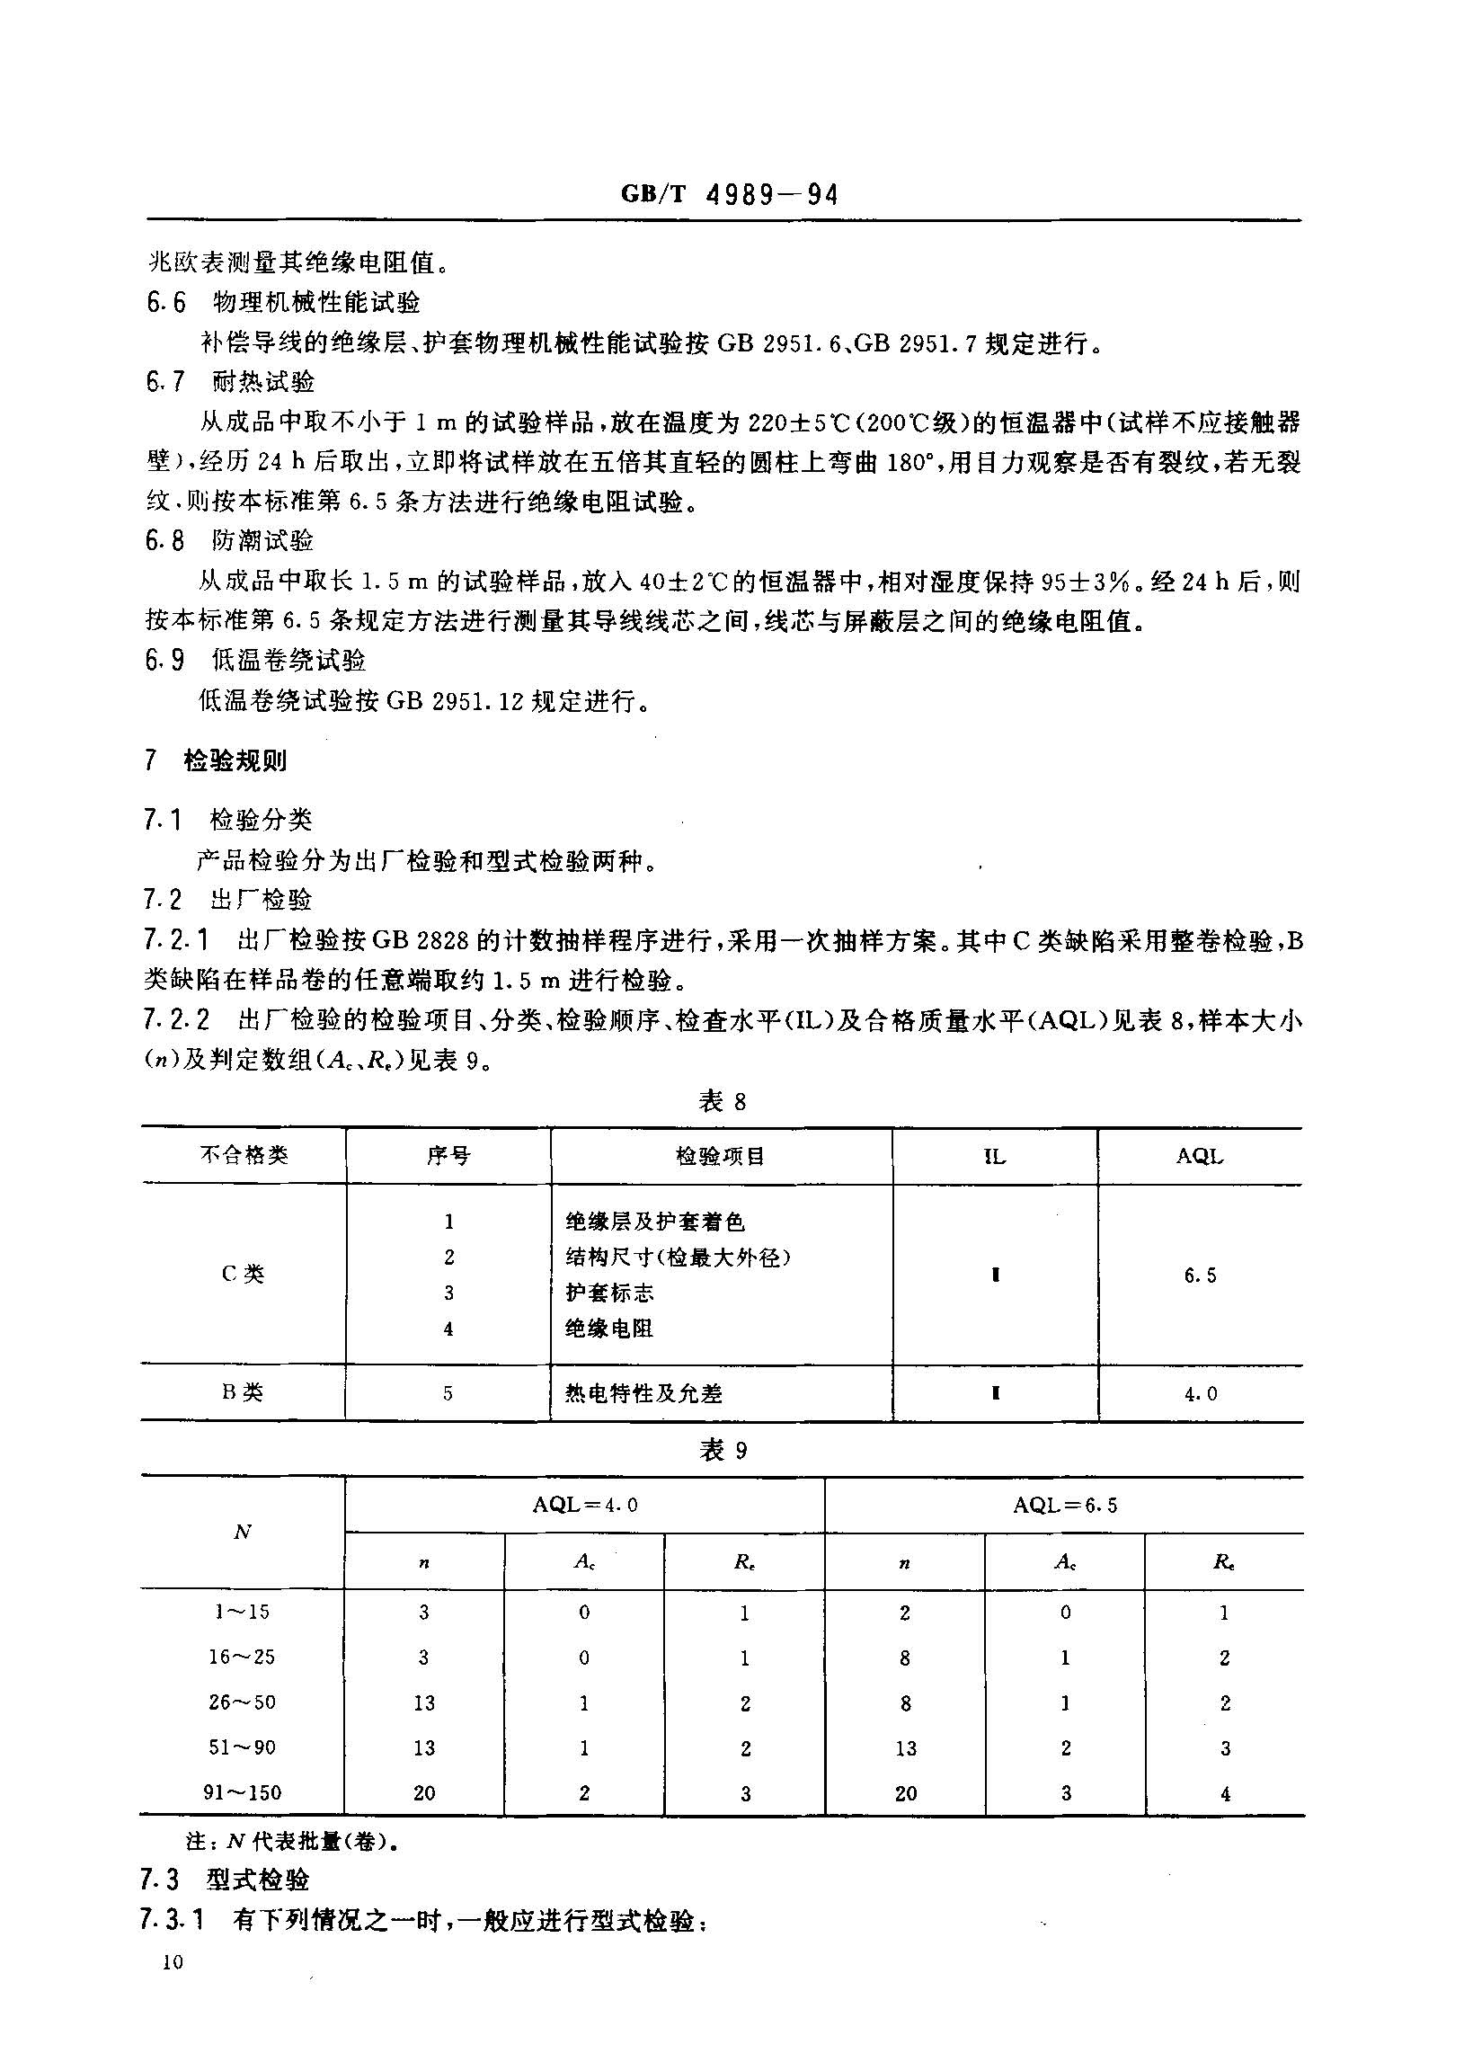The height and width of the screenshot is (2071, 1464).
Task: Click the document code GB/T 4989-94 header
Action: (x=730, y=195)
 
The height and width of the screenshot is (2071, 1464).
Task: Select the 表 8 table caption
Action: (x=723, y=1101)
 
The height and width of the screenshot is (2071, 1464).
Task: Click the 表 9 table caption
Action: (x=723, y=1450)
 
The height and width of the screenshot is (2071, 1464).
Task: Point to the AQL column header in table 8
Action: (x=1200, y=1156)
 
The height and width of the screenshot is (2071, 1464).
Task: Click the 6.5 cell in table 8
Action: (x=1200, y=1275)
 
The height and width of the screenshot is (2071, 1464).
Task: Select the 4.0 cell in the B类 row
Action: (x=1200, y=1393)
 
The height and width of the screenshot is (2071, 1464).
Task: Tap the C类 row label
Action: (x=243, y=1274)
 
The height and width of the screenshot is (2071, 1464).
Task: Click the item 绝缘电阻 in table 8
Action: (x=608, y=1329)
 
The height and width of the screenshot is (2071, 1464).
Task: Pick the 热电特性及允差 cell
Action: (x=643, y=1393)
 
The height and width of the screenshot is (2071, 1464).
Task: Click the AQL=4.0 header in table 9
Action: (x=584, y=1505)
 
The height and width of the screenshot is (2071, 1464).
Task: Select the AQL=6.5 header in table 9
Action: (x=1064, y=1505)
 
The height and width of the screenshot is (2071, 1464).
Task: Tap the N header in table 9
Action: (x=242, y=1532)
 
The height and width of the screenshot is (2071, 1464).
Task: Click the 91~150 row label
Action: (x=242, y=1792)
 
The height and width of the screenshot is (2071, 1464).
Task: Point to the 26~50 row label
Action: (x=242, y=1702)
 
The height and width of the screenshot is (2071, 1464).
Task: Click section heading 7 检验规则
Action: (x=217, y=760)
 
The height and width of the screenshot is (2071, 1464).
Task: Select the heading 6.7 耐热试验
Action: (x=231, y=382)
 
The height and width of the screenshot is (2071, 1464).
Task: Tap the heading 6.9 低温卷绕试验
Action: (x=256, y=662)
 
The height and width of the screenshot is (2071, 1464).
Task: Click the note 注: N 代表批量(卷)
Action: (x=292, y=1842)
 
